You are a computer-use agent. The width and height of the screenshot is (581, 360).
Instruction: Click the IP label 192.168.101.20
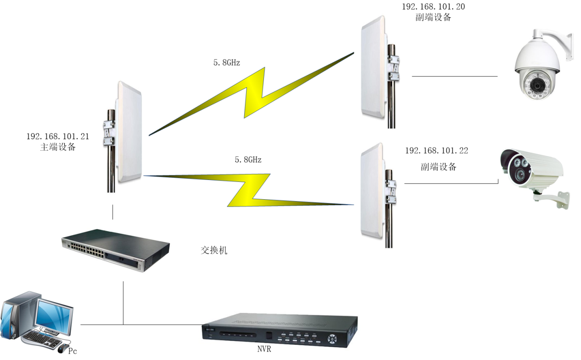click(x=433, y=7)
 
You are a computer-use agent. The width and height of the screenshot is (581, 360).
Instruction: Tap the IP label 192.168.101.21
click(x=58, y=136)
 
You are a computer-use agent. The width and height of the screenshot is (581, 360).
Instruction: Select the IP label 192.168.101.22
click(x=436, y=151)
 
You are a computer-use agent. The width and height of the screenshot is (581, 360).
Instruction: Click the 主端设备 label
click(x=58, y=147)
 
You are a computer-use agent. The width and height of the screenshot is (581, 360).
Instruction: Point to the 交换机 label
click(x=214, y=250)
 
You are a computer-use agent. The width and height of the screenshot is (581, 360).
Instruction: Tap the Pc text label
click(x=72, y=351)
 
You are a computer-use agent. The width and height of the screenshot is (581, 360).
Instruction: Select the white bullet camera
click(x=532, y=172)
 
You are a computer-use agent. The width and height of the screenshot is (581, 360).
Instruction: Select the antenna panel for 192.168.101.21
click(x=130, y=133)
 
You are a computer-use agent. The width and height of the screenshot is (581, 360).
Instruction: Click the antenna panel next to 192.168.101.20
click(x=373, y=69)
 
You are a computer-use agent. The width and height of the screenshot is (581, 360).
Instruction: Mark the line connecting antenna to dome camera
click(x=455, y=76)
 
